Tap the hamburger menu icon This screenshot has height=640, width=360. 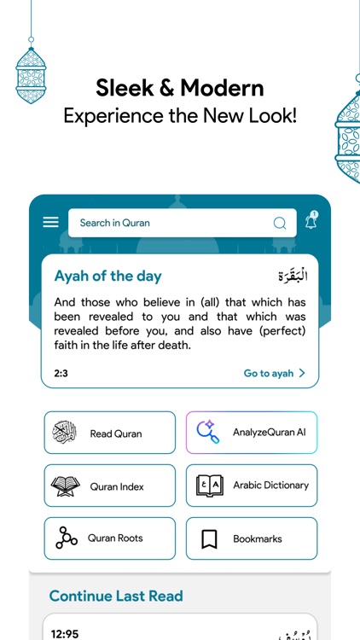(51, 222)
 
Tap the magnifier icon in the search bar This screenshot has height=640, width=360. (280, 224)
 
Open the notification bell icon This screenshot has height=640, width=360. (311, 222)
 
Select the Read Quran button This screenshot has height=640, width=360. (109, 433)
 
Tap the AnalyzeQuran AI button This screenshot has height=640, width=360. (251, 433)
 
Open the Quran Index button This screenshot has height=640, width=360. (109, 486)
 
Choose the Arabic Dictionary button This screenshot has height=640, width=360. (251, 486)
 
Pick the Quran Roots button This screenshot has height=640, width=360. (109, 538)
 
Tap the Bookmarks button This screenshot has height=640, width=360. (251, 538)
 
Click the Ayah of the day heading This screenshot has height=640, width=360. (107, 276)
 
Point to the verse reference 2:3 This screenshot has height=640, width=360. (61, 374)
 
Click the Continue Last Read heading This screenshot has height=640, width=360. (116, 596)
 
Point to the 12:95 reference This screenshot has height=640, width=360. (66, 633)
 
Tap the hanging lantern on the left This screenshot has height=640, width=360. (31, 73)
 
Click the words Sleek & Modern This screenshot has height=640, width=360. (180, 87)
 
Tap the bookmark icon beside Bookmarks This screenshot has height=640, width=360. (209, 538)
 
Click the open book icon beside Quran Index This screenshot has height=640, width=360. (66, 486)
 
